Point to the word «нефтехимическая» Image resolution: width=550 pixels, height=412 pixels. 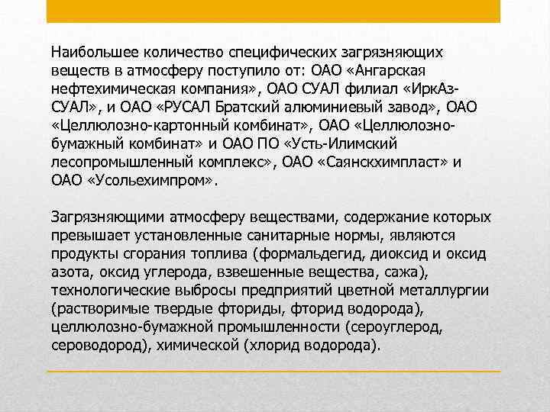pos(105,88)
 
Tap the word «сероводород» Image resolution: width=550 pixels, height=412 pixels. pos(99,344)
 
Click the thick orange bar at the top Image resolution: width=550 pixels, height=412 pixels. pos(273,11)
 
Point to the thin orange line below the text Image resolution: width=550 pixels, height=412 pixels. pos(273,371)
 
